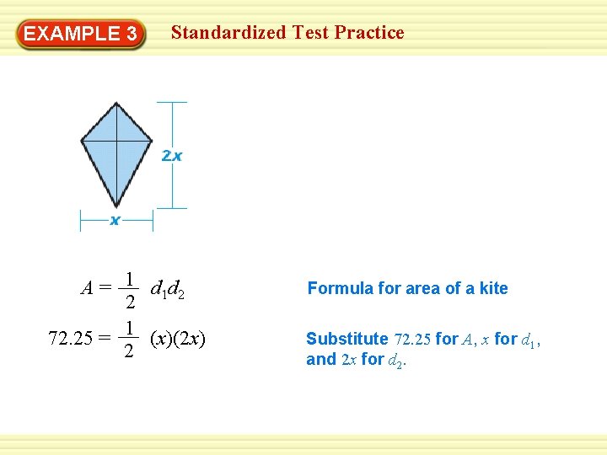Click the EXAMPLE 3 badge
pos(80,34)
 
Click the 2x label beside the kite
pos(172,156)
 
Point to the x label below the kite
pos(115,221)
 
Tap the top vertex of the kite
pos(118,103)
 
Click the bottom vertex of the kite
pos(117,206)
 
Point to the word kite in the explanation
pos(493,288)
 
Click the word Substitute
pos(346,339)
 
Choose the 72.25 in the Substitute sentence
pos(412,340)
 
